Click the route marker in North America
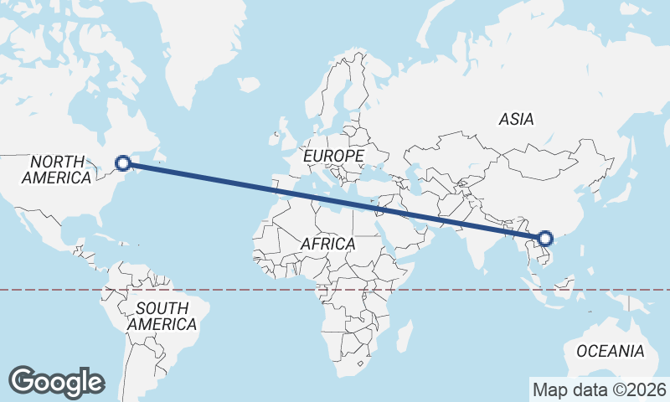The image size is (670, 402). [x=123, y=163]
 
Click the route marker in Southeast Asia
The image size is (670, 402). [x=545, y=240]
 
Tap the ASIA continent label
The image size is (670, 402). [x=516, y=120]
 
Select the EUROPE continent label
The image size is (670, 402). [x=333, y=157]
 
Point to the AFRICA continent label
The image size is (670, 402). [x=327, y=244]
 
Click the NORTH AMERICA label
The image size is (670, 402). [x=57, y=169]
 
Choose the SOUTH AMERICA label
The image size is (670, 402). [x=162, y=316]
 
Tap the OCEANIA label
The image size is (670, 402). [x=611, y=351]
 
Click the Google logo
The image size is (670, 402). [x=56, y=382]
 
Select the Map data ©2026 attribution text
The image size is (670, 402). [x=599, y=389]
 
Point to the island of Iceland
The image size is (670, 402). [x=248, y=84]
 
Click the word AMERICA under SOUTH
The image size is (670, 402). [x=162, y=324]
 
